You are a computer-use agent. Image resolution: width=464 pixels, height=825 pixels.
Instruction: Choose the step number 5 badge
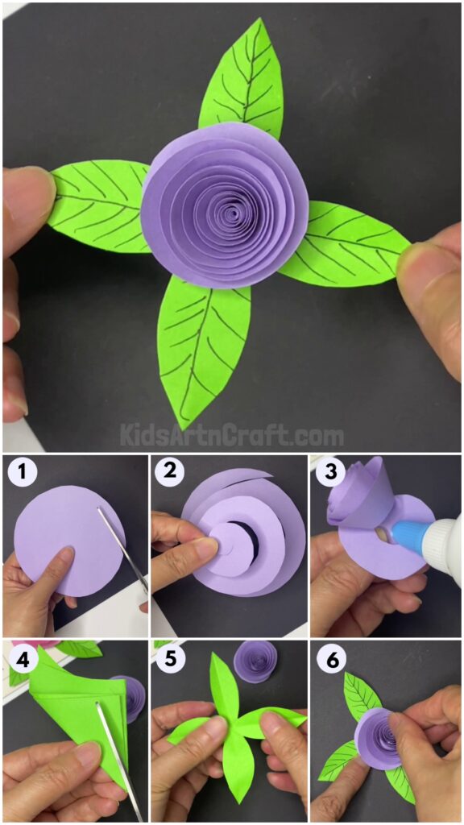(169, 661)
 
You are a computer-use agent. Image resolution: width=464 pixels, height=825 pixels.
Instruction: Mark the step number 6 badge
(328, 661)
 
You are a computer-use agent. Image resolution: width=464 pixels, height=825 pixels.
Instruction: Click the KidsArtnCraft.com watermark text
(232, 436)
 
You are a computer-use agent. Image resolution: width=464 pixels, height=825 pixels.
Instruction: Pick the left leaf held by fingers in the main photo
(97, 205)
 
